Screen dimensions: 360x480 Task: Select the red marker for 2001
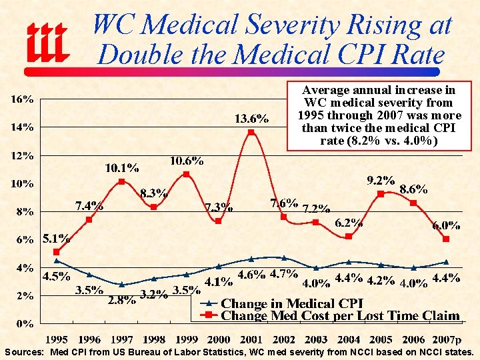click(x=251, y=132)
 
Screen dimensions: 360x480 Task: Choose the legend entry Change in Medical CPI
click(x=291, y=304)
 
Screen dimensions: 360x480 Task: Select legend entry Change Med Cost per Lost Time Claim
click(x=340, y=315)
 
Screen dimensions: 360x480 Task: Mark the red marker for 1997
click(x=121, y=181)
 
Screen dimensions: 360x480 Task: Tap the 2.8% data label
click(x=121, y=299)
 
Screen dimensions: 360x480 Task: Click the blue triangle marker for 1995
click(x=57, y=261)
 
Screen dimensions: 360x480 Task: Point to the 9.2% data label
click(x=381, y=180)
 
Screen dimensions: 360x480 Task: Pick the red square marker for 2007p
click(x=446, y=239)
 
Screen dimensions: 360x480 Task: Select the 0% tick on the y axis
click(x=26, y=324)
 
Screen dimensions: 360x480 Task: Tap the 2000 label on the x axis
click(x=219, y=339)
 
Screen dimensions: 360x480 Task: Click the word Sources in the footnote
click(x=24, y=352)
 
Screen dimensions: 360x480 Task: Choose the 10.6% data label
click(x=187, y=161)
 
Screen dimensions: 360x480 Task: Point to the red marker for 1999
click(x=186, y=174)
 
